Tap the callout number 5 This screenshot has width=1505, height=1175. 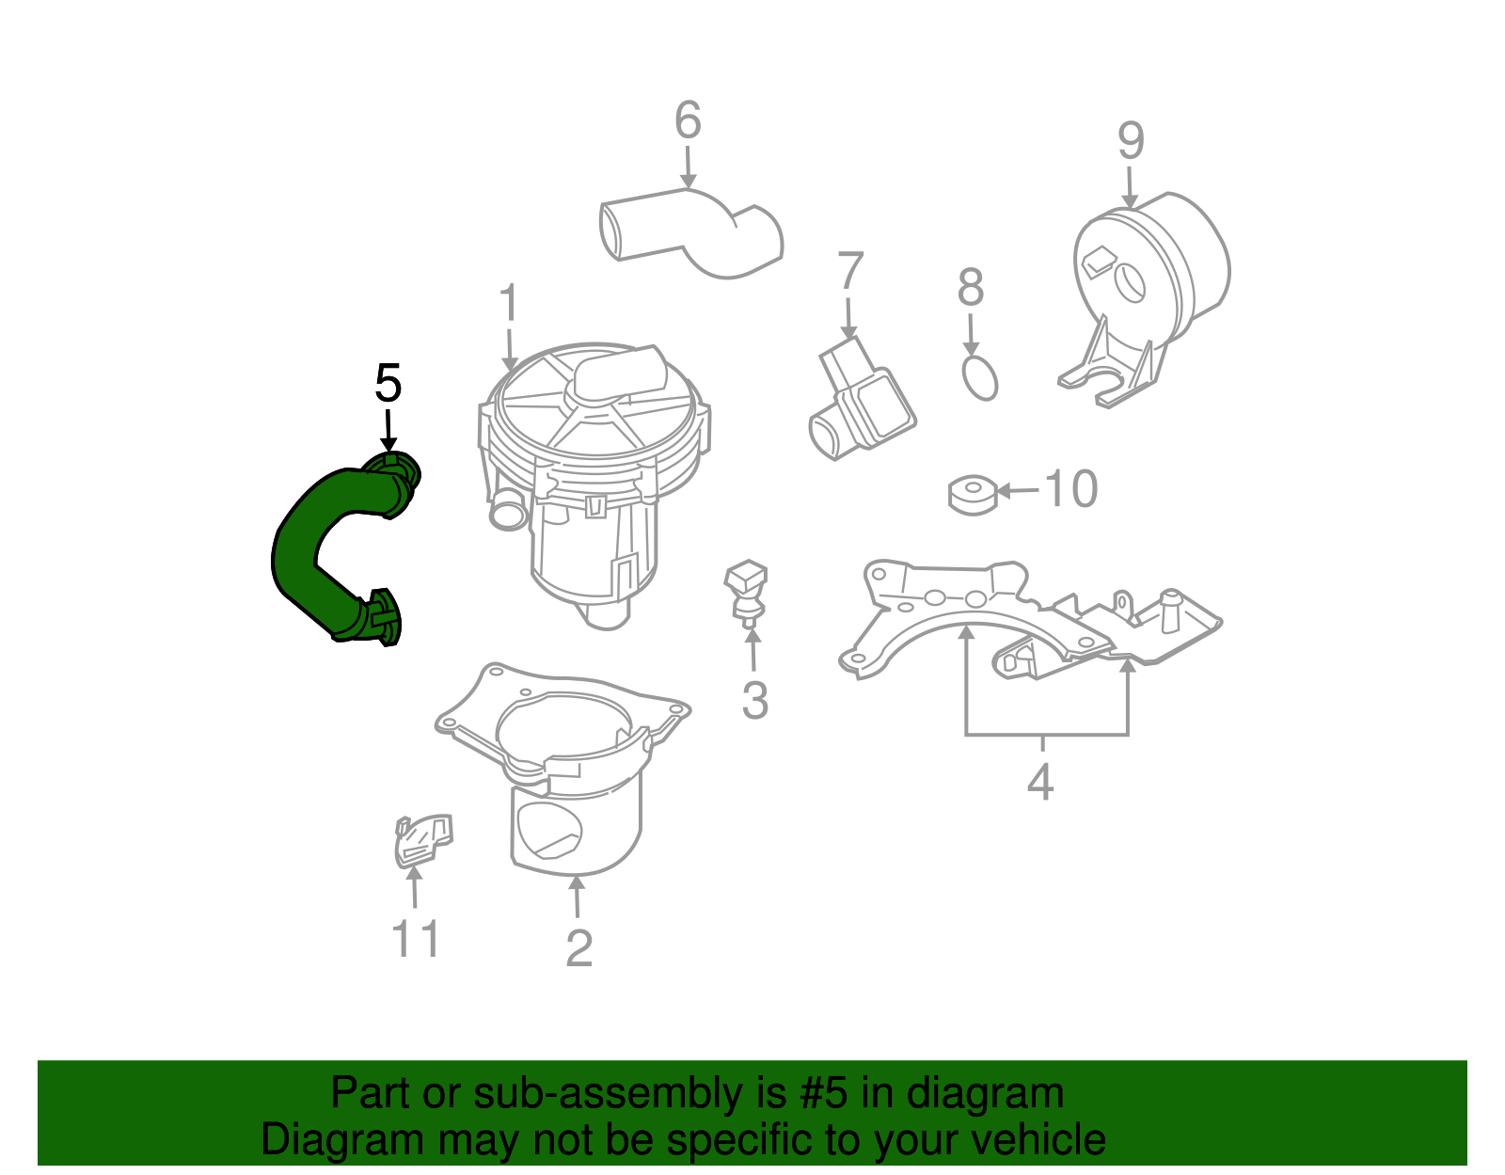coord(388,383)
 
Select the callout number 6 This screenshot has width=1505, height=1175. coord(688,119)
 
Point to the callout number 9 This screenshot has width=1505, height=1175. coord(1131,140)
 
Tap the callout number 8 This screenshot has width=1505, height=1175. coord(971,287)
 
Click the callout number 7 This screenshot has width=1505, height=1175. coord(850,271)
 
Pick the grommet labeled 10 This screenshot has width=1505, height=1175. coord(973,495)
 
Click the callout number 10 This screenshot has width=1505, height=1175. coord(1070,489)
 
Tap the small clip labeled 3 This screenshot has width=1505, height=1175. coord(746,594)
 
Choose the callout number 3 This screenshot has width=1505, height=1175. coord(755,701)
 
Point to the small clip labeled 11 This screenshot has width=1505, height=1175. coord(423,841)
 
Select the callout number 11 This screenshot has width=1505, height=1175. coord(416,939)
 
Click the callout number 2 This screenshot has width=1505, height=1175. coord(579,948)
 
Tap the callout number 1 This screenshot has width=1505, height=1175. coord(509,301)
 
